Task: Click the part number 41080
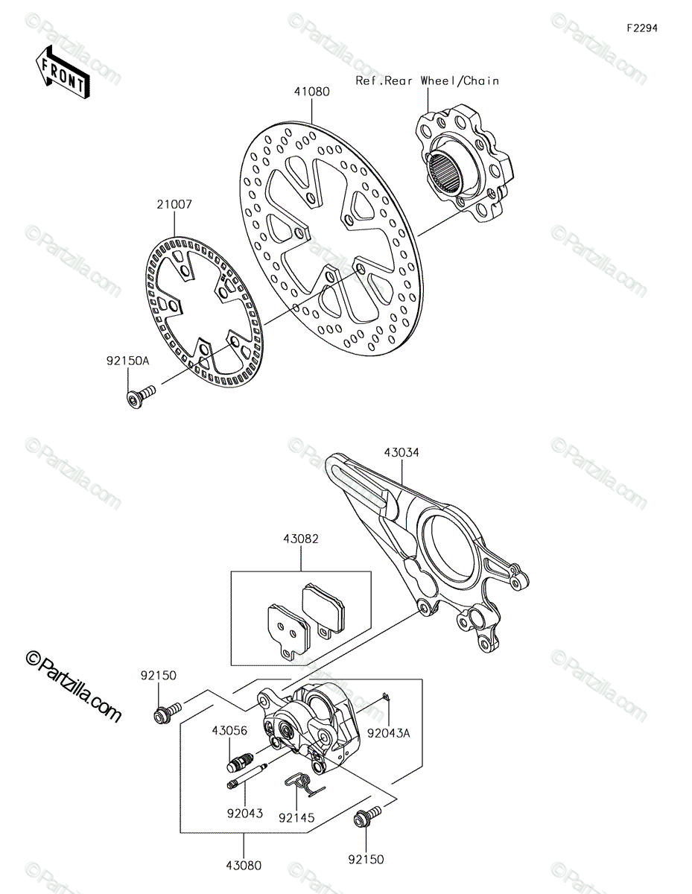pyautogui.click(x=311, y=92)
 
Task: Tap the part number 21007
pyautogui.click(x=174, y=204)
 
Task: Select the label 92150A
pyautogui.click(x=128, y=361)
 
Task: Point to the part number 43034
pyautogui.click(x=401, y=452)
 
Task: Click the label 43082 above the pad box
pyautogui.click(x=301, y=539)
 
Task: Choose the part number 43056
pyautogui.click(x=230, y=731)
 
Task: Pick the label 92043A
pyautogui.click(x=389, y=733)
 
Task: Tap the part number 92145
pyautogui.click(x=296, y=817)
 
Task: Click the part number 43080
pyautogui.click(x=244, y=865)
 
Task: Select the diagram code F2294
pyautogui.click(x=642, y=28)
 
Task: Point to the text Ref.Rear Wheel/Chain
pyautogui.click(x=428, y=80)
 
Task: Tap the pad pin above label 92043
pyautogui.click(x=247, y=776)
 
